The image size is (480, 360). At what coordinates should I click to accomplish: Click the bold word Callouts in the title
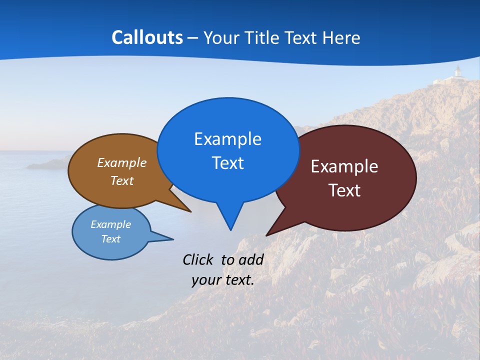pyautogui.click(x=147, y=37)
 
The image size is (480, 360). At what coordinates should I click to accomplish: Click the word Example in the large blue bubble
pyautogui.click(x=227, y=139)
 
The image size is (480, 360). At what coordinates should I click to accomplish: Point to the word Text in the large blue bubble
pyautogui.click(x=227, y=163)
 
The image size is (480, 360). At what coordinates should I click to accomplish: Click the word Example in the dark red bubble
pyautogui.click(x=344, y=166)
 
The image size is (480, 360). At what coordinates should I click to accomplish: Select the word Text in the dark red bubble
pyautogui.click(x=344, y=190)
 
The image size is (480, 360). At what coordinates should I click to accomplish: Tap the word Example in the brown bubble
pyautogui.click(x=122, y=162)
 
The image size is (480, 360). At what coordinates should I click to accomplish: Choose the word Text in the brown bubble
pyautogui.click(x=122, y=180)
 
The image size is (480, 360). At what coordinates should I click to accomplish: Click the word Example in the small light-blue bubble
pyautogui.click(x=110, y=224)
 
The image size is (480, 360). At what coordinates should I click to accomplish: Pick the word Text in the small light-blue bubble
pyautogui.click(x=110, y=239)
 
